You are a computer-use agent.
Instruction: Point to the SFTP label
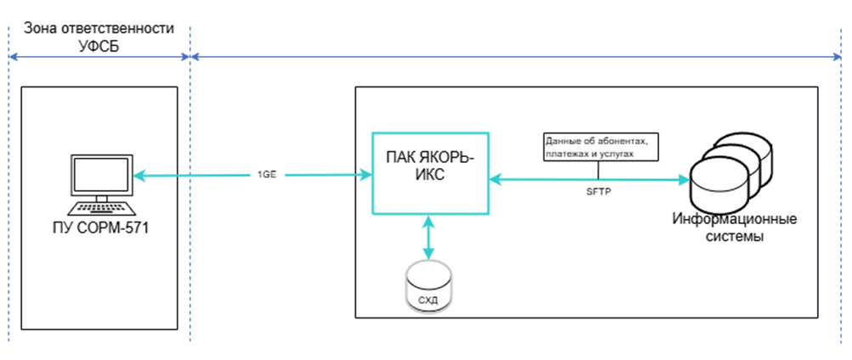point(598,192)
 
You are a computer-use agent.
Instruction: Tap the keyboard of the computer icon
point(99,209)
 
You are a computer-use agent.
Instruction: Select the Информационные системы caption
point(733,228)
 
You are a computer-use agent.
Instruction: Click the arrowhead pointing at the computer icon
point(142,175)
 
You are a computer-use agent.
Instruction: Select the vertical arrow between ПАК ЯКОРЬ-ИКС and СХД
point(429,236)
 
